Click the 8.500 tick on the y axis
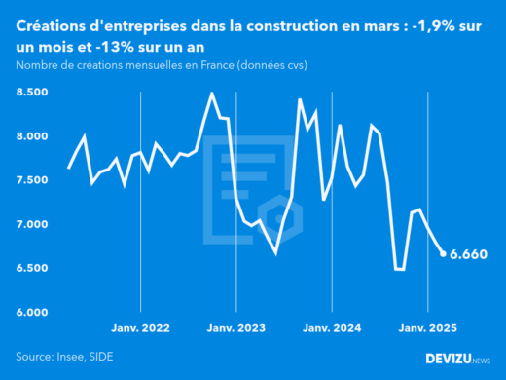point(32,93)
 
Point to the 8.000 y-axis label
point(32,136)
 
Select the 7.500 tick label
point(32,180)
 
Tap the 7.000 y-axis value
point(32,224)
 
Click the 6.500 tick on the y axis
point(32,268)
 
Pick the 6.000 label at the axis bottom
point(32,312)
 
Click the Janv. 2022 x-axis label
point(141,329)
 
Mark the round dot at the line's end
point(444,254)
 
